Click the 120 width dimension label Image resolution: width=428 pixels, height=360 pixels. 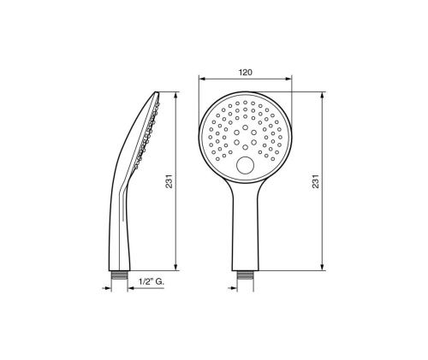click(x=246, y=73)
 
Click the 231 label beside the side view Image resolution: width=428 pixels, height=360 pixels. click(x=169, y=181)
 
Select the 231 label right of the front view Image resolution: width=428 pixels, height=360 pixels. click(x=316, y=181)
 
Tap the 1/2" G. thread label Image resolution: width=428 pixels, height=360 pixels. click(x=152, y=281)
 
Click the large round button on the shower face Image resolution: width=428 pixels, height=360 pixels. click(x=245, y=165)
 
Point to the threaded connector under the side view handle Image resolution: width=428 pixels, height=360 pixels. click(x=119, y=275)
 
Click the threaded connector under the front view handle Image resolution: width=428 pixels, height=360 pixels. click(x=245, y=275)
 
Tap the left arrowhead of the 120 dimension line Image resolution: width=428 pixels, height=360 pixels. click(x=203, y=79)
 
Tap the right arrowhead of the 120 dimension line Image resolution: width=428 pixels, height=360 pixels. click(x=288, y=79)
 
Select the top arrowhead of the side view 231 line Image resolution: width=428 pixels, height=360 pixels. click(x=175, y=96)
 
